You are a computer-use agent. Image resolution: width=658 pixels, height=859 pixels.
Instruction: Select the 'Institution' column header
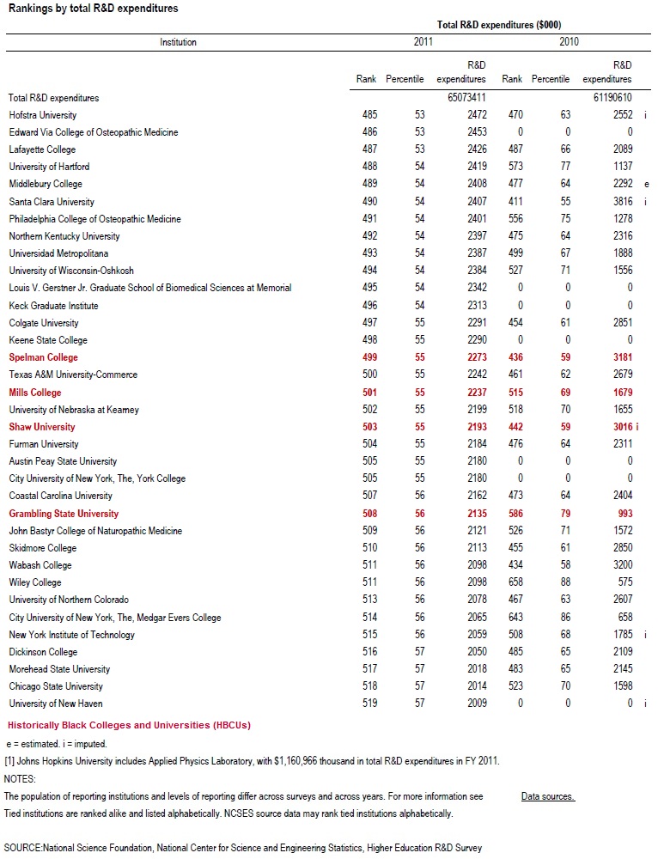178,42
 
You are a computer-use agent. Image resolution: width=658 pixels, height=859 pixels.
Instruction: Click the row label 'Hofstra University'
42,115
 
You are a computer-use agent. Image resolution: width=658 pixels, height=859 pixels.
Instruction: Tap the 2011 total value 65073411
466,98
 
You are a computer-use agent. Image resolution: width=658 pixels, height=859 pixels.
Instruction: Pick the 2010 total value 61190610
612,98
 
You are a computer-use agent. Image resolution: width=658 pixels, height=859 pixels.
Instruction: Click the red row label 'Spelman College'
43,357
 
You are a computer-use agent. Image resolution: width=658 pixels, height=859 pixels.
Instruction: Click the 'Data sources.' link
547,796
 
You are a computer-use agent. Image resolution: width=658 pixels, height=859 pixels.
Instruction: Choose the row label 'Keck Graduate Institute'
53,306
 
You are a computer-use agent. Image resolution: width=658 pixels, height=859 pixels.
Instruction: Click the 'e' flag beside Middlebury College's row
646,184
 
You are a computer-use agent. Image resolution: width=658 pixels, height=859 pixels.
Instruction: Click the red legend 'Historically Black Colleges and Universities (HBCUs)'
129,725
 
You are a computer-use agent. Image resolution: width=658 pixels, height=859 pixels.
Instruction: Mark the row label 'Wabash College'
40,565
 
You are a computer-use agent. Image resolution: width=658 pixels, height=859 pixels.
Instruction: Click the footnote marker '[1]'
10,761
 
